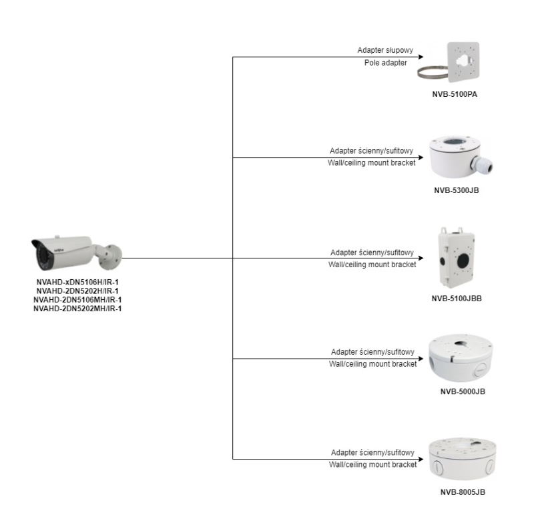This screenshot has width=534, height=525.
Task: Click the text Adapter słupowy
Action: [386, 51]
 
